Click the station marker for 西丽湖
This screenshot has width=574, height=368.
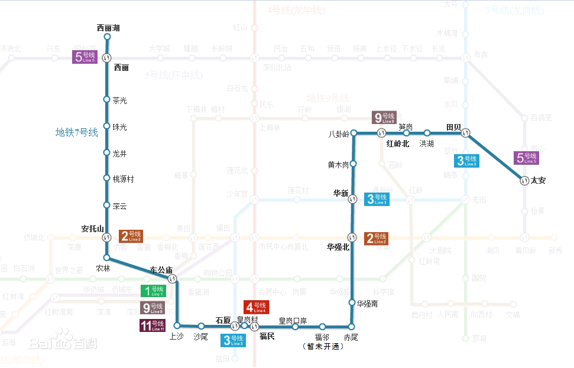pyautogui.click(x=107, y=37)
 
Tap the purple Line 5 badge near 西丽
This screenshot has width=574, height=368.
pyautogui.click(x=83, y=57)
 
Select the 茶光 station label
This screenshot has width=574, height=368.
pyautogui.click(x=119, y=100)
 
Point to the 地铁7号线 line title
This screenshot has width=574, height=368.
pyautogui.click(x=77, y=132)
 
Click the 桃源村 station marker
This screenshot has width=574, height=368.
pyautogui.click(x=107, y=179)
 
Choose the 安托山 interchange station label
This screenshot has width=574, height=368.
pyautogui.click(x=92, y=229)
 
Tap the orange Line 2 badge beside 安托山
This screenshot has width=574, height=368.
pyautogui.click(x=131, y=237)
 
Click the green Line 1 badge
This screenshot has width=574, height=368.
pyautogui.click(x=153, y=290)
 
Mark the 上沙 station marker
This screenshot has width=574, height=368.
pyautogui.click(x=177, y=325)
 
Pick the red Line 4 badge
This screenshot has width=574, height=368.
pyautogui.click(x=256, y=307)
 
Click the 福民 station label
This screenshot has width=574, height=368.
pyautogui.click(x=267, y=337)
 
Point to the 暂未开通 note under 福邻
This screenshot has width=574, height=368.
pyautogui.click(x=322, y=347)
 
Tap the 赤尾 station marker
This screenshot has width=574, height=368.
pyautogui.click(x=351, y=327)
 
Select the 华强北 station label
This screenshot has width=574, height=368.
pyautogui.click(x=338, y=247)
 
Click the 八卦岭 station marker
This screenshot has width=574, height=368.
pyautogui.click(x=353, y=133)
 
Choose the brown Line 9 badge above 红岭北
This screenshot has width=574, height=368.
pyautogui.click(x=384, y=118)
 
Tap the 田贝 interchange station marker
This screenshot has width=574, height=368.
pyautogui.click(x=466, y=133)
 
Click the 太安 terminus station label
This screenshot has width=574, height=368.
pyautogui.click(x=538, y=181)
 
